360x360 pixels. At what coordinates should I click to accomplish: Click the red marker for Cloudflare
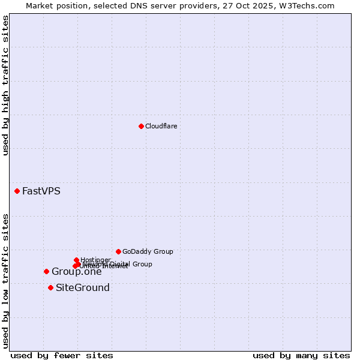pos(141,126)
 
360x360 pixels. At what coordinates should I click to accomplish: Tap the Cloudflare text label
pos(161,126)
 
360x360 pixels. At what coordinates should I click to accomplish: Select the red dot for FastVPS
pos(17,191)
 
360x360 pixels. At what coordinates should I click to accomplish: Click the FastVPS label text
pos(41,191)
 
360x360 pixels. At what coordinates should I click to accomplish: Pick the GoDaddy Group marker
pos(118,251)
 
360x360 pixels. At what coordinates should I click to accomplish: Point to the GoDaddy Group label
pos(148,251)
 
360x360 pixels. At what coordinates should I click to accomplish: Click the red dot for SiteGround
pos(50,287)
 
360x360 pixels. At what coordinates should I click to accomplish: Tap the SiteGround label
pos(83,288)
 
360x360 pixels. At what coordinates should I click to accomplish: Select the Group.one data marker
pos(46,271)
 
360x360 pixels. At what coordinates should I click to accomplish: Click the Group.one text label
pos(76,272)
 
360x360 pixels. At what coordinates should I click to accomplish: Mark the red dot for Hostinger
pos(76,260)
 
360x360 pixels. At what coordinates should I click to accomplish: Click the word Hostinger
pos(95,260)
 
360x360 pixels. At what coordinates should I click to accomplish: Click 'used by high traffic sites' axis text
pos(6,85)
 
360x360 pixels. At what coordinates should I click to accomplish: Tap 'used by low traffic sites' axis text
pos(6,280)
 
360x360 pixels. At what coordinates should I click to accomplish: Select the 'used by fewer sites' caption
pos(62,355)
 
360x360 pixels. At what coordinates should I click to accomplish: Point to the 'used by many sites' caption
pos(301,355)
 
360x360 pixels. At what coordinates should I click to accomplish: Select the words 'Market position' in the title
pos(56,5)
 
